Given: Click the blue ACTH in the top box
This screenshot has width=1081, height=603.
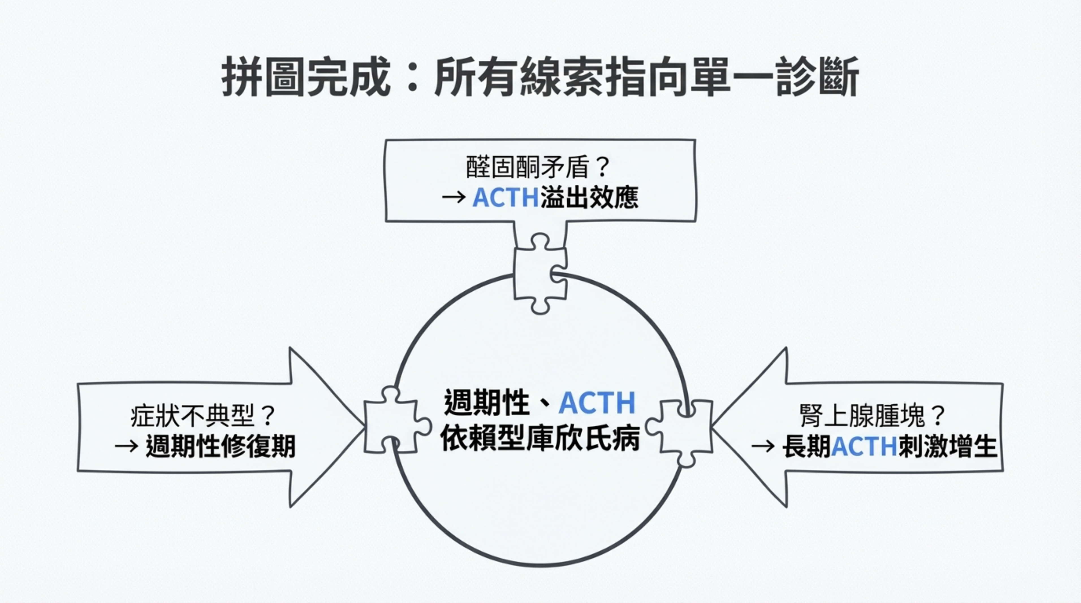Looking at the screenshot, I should (x=505, y=197).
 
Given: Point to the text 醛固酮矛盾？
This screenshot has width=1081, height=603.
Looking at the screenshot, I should (x=538, y=167).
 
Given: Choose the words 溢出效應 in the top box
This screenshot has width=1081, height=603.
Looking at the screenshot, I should (x=589, y=197).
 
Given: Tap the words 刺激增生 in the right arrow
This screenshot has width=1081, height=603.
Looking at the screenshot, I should (x=947, y=446).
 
